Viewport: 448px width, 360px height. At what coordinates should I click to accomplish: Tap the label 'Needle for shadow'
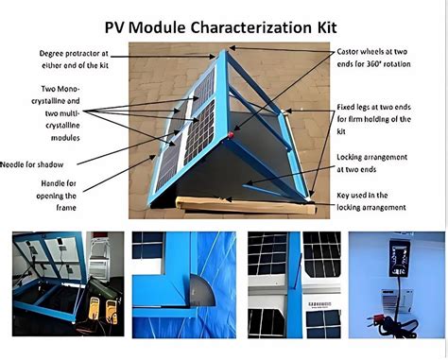coord(36,164)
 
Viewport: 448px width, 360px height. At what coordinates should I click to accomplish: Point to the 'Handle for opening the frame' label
coord(58,194)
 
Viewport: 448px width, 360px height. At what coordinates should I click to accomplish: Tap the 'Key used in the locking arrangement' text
coord(372,200)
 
